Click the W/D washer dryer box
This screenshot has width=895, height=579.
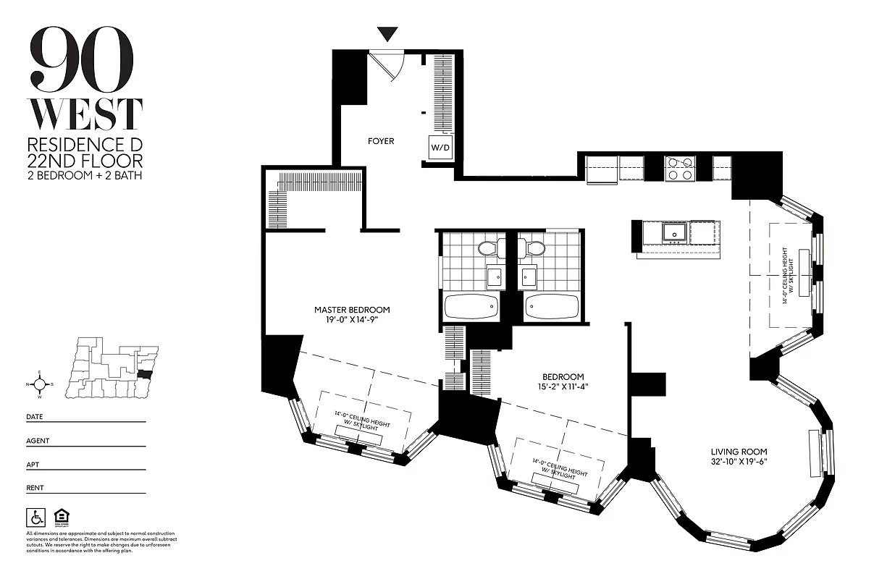[x=440, y=148]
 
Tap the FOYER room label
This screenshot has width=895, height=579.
[x=381, y=141]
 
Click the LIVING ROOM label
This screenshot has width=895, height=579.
[x=738, y=452]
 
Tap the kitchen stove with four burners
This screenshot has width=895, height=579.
[x=680, y=169]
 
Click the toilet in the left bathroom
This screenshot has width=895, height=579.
[x=486, y=248]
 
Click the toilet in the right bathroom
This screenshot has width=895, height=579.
[x=536, y=248]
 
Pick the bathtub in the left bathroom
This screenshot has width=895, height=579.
[x=471, y=307]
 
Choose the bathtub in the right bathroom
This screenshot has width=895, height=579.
[x=552, y=307]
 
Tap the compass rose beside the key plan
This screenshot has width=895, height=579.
[x=41, y=384]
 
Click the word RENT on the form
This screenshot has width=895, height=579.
[x=35, y=488]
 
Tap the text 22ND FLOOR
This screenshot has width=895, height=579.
[x=85, y=161]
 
